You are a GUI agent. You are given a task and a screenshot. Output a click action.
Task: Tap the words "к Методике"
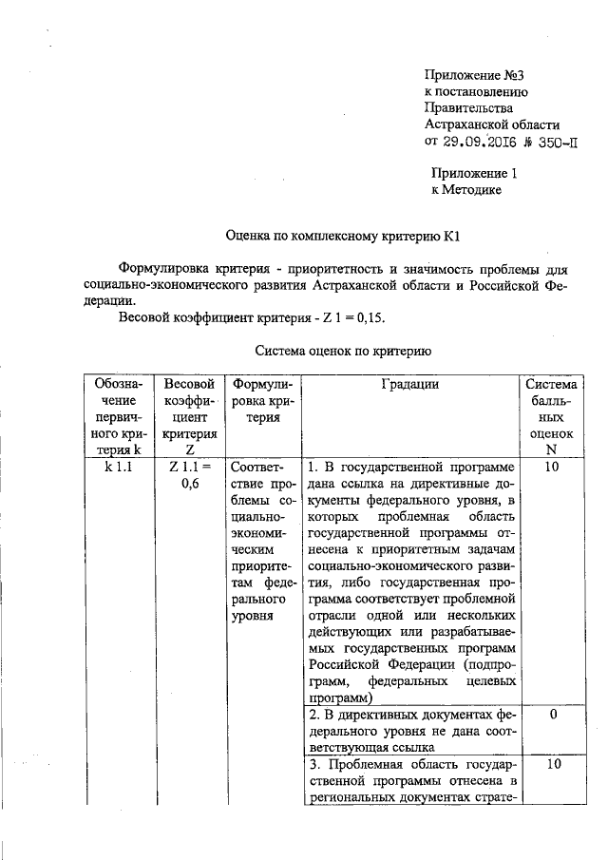(x=465, y=190)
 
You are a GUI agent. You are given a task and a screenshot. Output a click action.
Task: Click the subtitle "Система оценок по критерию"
(x=344, y=351)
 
